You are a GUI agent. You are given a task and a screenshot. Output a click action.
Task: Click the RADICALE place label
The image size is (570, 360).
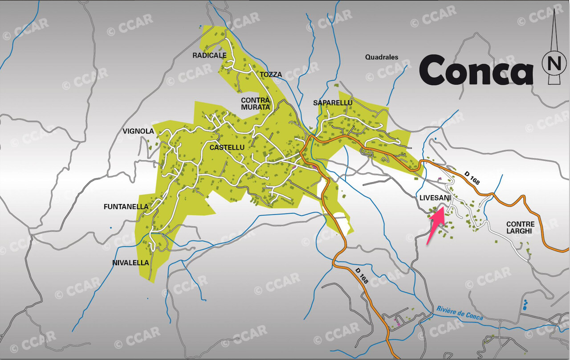pyautogui.click(x=209, y=55)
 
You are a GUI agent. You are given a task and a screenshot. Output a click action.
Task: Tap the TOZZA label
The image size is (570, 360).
pyautogui.click(x=271, y=74)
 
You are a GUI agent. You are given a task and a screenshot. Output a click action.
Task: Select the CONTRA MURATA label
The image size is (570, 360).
pyautogui.click(x=255, y=103)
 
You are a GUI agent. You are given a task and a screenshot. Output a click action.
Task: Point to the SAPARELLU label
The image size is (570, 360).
pyautogui.click(x=333, y=103)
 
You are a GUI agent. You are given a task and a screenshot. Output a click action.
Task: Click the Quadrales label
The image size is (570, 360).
pyautogui.click(x=382, y=57)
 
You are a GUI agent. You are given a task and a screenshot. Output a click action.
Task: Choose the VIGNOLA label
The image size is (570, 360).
pyautogui.click(x=138, y=131)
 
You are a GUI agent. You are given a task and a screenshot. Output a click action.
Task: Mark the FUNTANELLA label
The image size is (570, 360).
pyautogui.click(x=126, y=207)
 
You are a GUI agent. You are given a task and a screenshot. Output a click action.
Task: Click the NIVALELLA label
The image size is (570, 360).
pyautogui.click(x=130, y=263)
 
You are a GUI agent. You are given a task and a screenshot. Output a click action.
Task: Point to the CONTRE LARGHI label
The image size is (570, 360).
pyautogui.click(x=520, y=228)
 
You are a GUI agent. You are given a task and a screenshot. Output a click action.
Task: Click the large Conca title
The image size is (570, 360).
pyautogui.click(x=476, y=70)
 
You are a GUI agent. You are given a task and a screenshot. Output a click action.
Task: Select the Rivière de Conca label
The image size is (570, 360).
pyautogui.click(x=460, y=312)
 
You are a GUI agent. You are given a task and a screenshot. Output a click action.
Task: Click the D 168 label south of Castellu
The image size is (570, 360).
pyautogui.click(x=362, y=276)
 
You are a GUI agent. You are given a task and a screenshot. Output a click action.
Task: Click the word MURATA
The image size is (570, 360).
pyautogui.click(x=255, y=107)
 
